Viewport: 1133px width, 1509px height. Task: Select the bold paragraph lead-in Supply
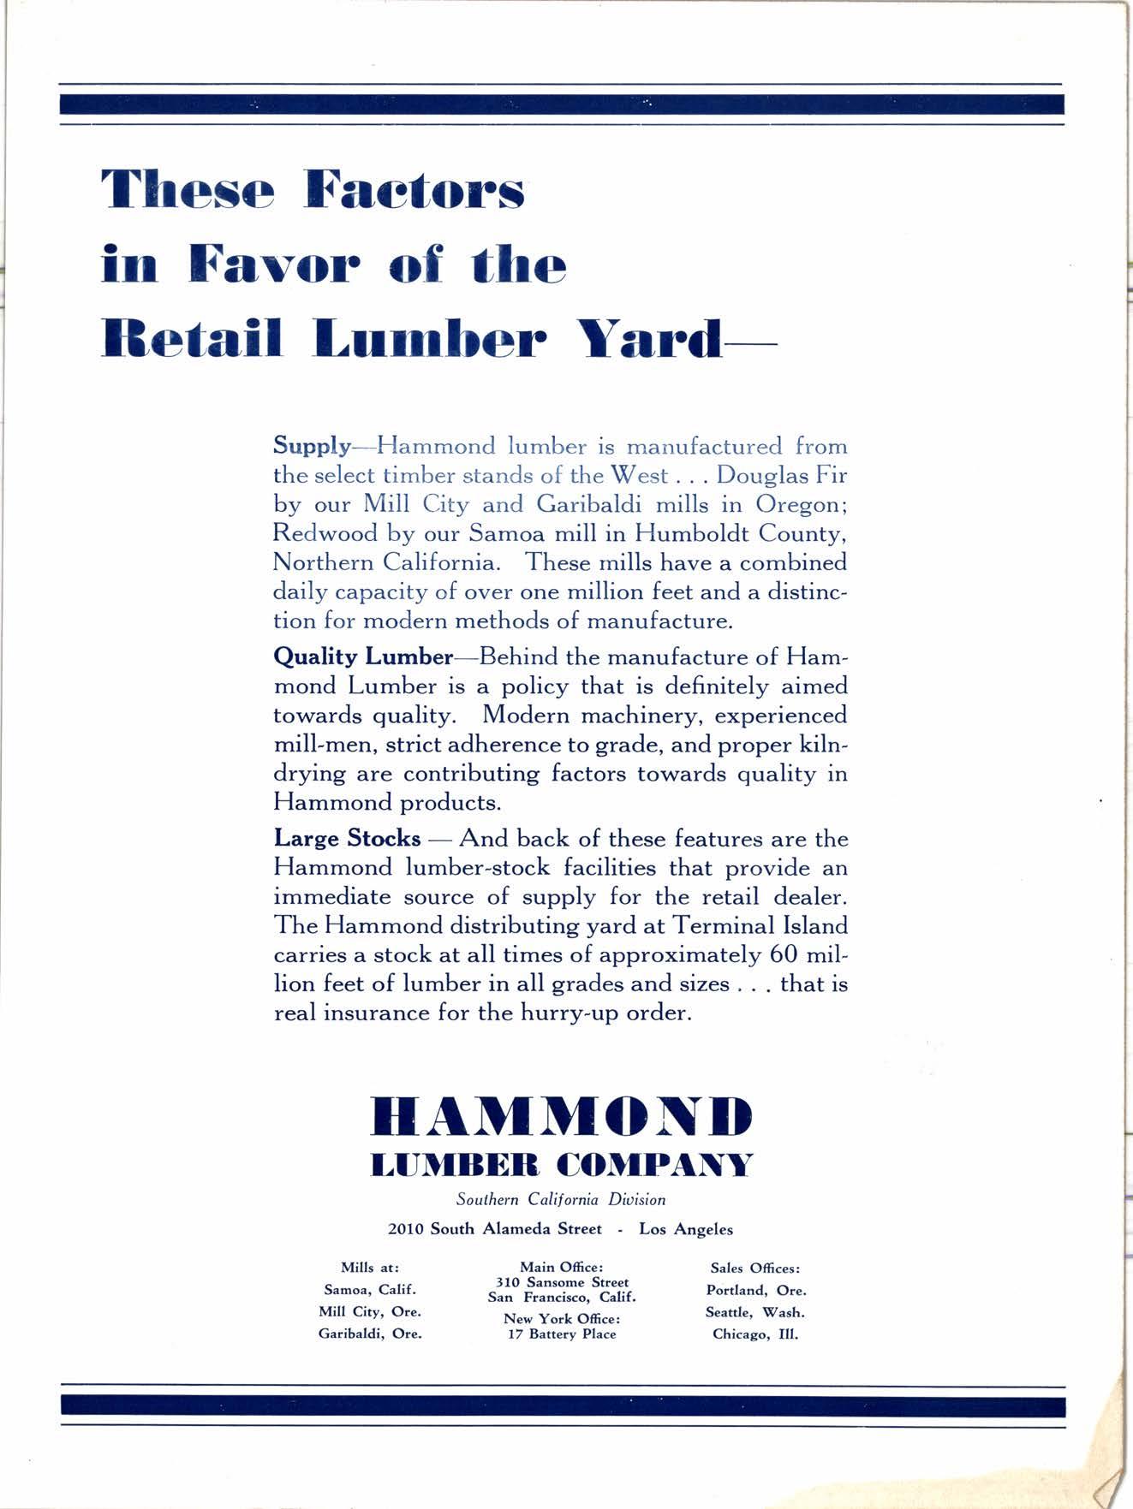click(x=312, y=447)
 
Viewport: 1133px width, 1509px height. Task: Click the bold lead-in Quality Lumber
click(x=362, y=657)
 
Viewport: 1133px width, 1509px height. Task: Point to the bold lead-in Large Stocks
click(x=347, y=838)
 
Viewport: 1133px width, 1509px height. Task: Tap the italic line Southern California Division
click(x=561, y=1200)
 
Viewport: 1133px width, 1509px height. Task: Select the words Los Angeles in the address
click(x=686, y=1229)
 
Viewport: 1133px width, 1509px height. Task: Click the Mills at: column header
click(x=370, y=1268)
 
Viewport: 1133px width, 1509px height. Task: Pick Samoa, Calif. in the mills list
click(x=370, y=1290)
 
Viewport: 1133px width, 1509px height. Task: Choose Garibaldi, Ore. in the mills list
click(x=370, y=1334)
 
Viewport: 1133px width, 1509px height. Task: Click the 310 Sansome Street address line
click(x=562, y=1282)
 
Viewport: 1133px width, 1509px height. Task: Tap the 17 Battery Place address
click(x=562, y=1334)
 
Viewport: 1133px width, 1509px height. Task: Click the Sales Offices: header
click(x=755, y=1268)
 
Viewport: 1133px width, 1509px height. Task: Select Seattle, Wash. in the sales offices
click(x=755, y=1312)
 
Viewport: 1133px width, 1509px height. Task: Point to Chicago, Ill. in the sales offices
click(x=755, y=1334)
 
